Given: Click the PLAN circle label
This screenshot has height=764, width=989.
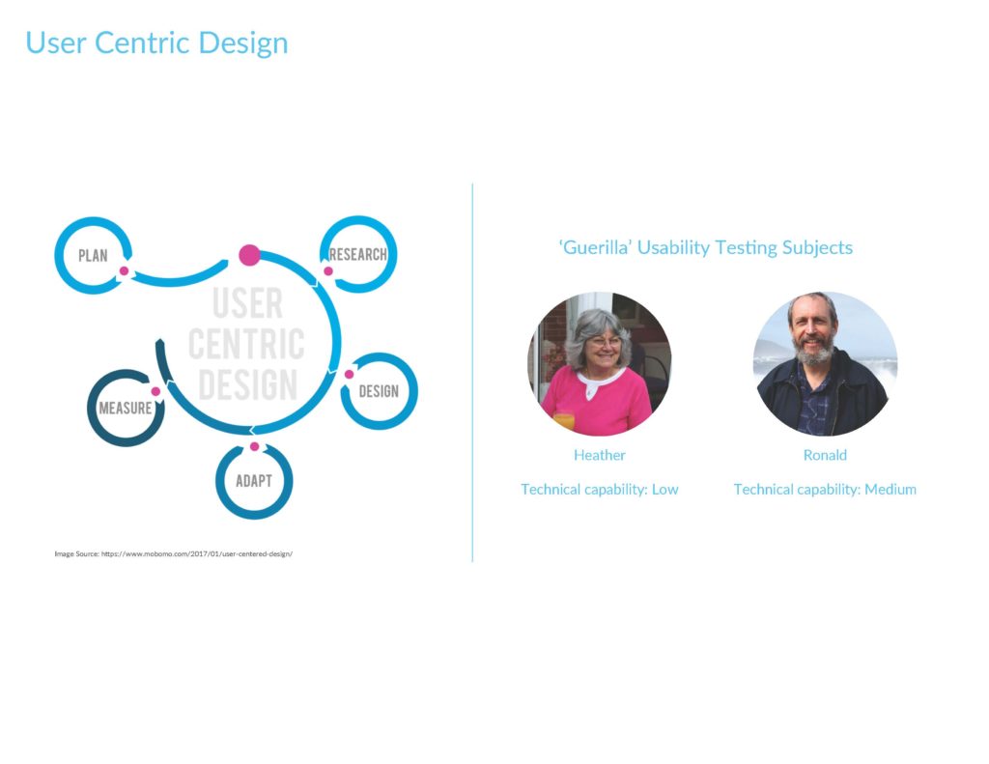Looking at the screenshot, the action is pyautogui.click(x=93, y=256).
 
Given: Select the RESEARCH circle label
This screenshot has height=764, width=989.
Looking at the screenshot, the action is pyautogui.click(x=358, y=254).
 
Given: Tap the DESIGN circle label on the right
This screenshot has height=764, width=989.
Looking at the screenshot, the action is pyautogui.click(x=379, y=391).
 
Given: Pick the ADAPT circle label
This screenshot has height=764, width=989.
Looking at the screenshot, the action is pyautogui.click(x=254, y=481).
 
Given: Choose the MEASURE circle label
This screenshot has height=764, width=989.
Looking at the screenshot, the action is pyautogui.click(x=126, y=409).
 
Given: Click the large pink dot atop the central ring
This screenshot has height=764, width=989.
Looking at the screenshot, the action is pyautogui.click(x=249, y=255).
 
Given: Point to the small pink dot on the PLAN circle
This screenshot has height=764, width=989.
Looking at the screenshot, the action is pyautogui.click(x=125, y=271).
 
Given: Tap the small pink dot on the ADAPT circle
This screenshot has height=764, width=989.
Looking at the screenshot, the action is pyautogui.click(x=254, y=446).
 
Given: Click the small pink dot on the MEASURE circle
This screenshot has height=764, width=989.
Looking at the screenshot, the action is pyautogui.click(x=155, y=392).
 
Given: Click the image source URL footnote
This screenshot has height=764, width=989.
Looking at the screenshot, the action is pyautogui.click(x=174, y=553).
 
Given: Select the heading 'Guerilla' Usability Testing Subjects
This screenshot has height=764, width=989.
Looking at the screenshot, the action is pyautogui.click(x=706, y=247).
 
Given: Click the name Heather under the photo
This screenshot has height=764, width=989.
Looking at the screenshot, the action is pyautogui.click(x=599, y=455).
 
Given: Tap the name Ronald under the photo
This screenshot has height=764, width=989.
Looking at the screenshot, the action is pyautogui.click(x=825, y=455).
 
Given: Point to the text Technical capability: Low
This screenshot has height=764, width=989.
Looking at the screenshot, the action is pyautogui.click(x=599, y=490).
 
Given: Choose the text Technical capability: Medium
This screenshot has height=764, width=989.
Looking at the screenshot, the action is pyautogui.click(x=825, y=490).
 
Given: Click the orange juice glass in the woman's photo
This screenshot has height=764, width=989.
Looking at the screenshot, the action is pyautogui.click(x=564, y=421).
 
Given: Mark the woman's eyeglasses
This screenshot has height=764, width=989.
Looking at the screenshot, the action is pyautogui.click(x=606, y=342).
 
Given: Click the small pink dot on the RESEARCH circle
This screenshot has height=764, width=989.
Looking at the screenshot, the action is pyautogui.click(x=328, y=271).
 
